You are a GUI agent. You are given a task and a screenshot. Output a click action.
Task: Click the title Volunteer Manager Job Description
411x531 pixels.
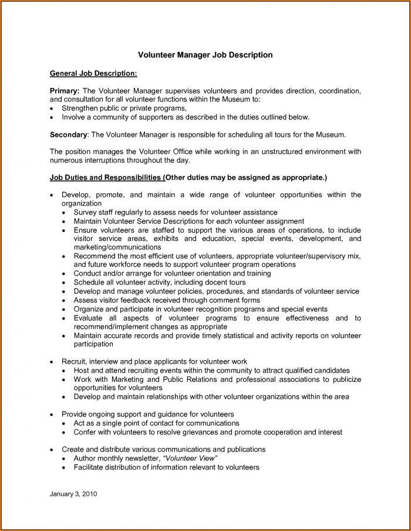tap(205, 55)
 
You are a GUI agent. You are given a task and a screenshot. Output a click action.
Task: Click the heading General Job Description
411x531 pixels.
tap(93, 73)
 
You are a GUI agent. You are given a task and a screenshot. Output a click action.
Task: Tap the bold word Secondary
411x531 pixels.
tap(68, 135)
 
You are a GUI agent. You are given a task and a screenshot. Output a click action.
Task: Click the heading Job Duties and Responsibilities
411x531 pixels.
tap(105, 177)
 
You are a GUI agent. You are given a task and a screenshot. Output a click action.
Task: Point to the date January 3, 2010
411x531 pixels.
tap(73, 494)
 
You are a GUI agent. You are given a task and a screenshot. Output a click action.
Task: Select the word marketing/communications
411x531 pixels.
tap(117, 247)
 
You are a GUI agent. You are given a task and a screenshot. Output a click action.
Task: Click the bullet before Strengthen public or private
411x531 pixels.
tap(53, 109)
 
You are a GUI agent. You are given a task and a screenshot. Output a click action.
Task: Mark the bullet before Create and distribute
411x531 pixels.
tap(53, 449)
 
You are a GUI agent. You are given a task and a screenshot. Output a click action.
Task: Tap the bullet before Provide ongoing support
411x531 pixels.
tap(53, 415)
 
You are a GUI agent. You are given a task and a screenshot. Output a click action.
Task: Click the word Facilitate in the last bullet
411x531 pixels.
tap(90, 467)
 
